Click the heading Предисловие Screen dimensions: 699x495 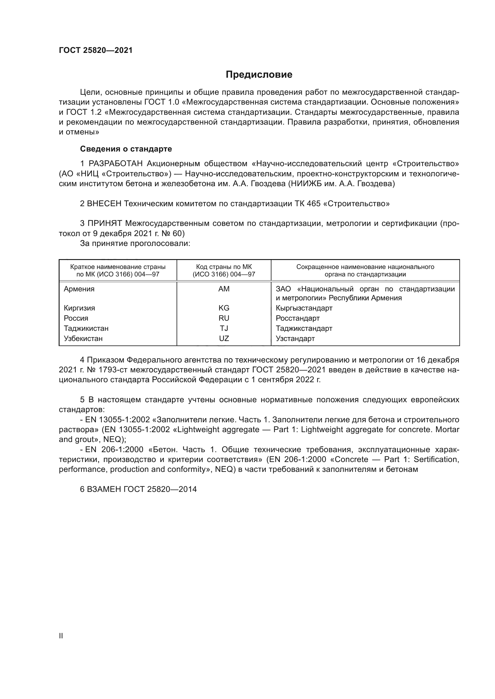[x=259, y=75]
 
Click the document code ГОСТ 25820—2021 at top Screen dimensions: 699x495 [x=96, y=50]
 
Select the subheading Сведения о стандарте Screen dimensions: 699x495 [x=126, y=149]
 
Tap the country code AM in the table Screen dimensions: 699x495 [x=224, y=289]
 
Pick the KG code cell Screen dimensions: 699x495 [x=224, y=308]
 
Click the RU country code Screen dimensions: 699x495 [x=224, y=318]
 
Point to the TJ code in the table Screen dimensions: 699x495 [x=224, y=328]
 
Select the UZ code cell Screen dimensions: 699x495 [x=224, y=339]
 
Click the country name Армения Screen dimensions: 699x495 [x=79, y=289]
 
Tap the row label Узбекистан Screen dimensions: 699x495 [x=83, y=339]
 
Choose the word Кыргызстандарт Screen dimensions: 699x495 [x=304, y=308]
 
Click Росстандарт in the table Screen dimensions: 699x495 [x=297, y=318]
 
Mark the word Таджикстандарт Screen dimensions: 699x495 [x=304, y=328]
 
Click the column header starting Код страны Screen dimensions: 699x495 [x=224, y=270]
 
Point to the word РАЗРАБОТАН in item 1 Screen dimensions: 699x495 [x=116, y=164]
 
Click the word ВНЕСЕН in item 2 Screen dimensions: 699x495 [x=104, y=204]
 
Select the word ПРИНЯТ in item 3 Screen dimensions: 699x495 [x=105, y=223]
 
